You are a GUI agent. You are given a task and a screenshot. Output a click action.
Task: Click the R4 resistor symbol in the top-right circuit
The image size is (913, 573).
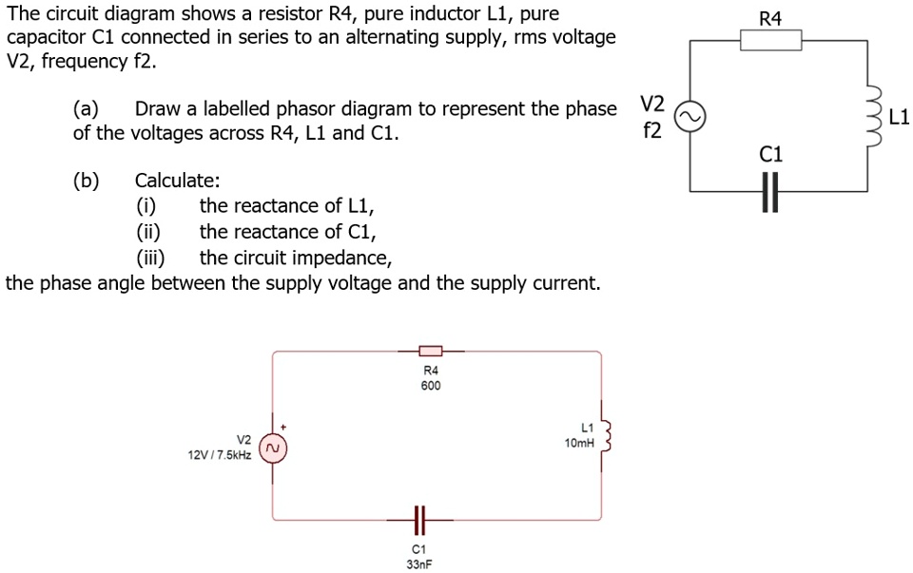pyautogui.click(x=771, y=40)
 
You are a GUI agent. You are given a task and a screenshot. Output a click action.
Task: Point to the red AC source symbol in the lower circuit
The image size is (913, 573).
pyautogui.click(x=273, y=447)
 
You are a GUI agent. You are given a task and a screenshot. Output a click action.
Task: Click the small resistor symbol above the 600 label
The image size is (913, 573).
pyautogui.click(x=430, y=353)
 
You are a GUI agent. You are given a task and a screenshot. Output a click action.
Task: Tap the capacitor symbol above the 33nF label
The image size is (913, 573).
pyautogui.click(x=418, y=520)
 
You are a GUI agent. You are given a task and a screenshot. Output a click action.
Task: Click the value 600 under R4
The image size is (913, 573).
pyautogui.click(x=430, y=386)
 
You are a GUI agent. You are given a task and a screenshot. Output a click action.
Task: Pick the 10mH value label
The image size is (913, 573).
pyautogui.click(x=578, y=444)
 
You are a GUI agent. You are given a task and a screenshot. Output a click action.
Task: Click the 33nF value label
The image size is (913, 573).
pyautogui.click(x=418, y=564)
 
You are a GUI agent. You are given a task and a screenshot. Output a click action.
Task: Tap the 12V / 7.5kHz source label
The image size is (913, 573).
pyautogui.click(x=220, y=456)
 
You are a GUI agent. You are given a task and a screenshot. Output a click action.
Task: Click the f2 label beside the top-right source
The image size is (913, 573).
pyautogui.click(x=652, y=130)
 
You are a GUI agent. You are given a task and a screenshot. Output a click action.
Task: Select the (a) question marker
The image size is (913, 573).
pyautogui.click(x=87, y=108)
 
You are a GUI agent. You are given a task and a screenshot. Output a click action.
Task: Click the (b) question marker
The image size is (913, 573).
pyautogui.click(x=87, y=181)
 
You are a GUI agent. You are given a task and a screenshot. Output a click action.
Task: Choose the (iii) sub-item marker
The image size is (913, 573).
pyautogui.click(x=150, y=258)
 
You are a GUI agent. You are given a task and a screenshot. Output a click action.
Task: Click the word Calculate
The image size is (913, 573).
pyautogui.click(x=178, y=181)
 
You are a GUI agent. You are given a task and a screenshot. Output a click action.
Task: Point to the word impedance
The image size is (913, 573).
pyautogui.click(x=343, y=258)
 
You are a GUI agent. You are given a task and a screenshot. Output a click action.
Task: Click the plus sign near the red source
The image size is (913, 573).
pyautogui.click(x=282, y=428)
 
